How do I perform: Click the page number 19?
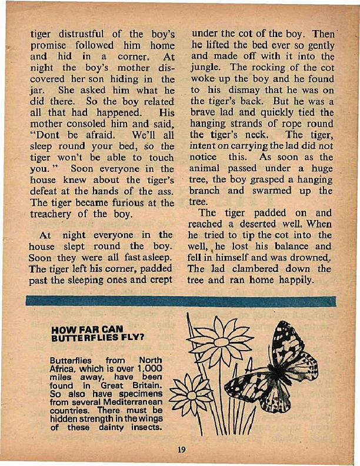[x=181, y=450]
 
